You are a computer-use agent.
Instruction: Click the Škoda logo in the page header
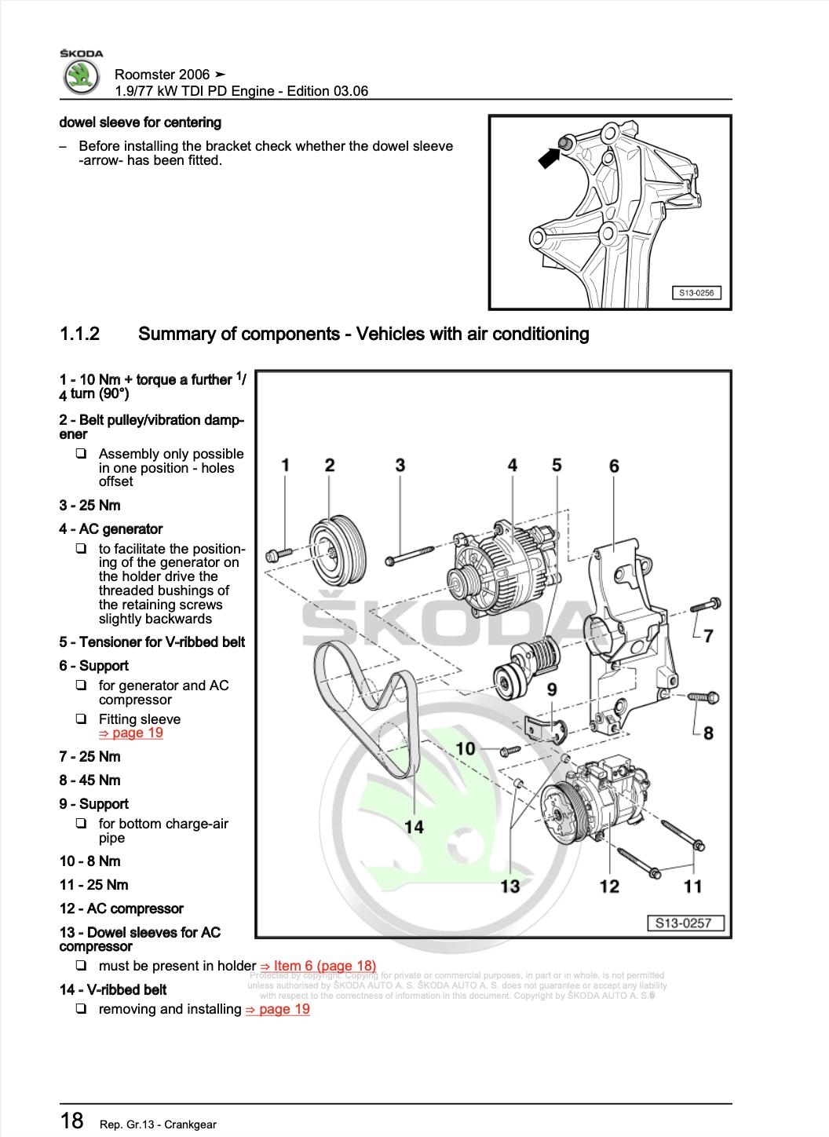[82, 75]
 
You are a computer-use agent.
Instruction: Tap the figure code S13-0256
[696, 294]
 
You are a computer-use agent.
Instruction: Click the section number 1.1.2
[79, 334]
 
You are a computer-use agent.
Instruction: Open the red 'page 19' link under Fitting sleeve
[130, 733]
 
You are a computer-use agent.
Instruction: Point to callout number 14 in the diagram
[414, 826]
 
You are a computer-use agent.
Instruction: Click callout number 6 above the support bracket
[614, 466]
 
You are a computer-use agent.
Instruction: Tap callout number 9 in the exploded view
[552, 689]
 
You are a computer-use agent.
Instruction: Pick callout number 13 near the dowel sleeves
[510, 886]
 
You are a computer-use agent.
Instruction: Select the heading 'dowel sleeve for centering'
[141, 122]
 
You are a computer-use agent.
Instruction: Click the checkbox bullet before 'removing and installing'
[81, 1009]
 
